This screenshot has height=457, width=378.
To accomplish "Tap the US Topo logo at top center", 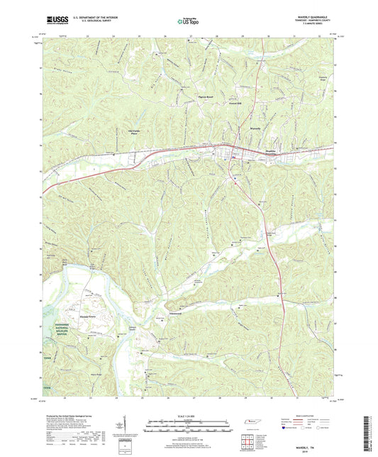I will pyautogui.click(x=188, y=22).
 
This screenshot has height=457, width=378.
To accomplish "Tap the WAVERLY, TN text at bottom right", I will pyautogui.click(x=314, y=447).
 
